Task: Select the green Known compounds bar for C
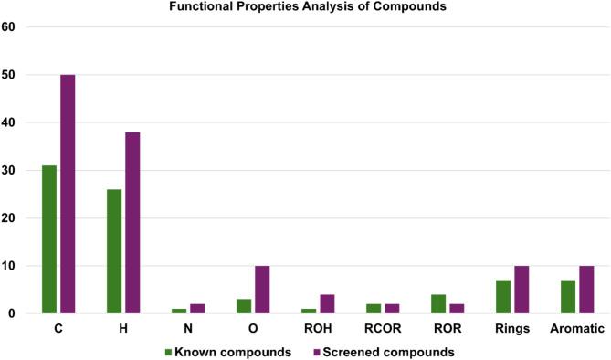coord(49,239)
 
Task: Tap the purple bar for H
coord(132,223)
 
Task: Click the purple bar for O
coord(262,290)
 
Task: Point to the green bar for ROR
coord(438,304)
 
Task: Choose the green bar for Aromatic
coord(568,297)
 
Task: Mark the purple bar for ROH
coord(327,304)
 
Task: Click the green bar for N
coord(179,311)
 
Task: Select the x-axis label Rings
coord(512,327)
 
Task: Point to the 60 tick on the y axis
coord(9,27)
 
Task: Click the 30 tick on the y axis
coord(9,171)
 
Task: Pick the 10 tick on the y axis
coord(9,266)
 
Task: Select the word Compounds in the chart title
coord(394,8)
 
